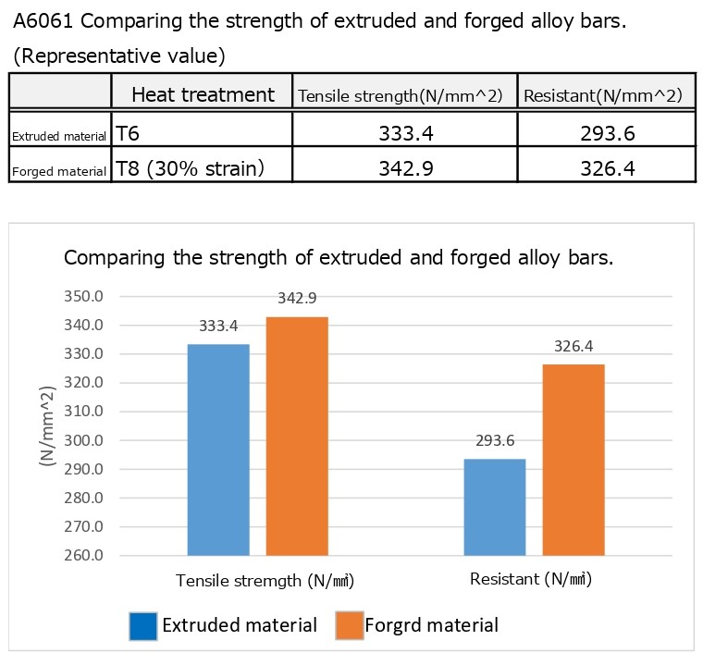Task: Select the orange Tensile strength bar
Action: point(296,436)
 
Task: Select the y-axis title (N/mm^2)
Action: point(46,426)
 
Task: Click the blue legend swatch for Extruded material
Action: point(143,625)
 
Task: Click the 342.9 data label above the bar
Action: point(297,299)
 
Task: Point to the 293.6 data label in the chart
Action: point(496,440)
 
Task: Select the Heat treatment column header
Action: point(203,94)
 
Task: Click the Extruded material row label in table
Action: point(59,136)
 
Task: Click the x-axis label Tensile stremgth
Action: point(265,581)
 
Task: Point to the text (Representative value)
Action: point(119,55)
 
